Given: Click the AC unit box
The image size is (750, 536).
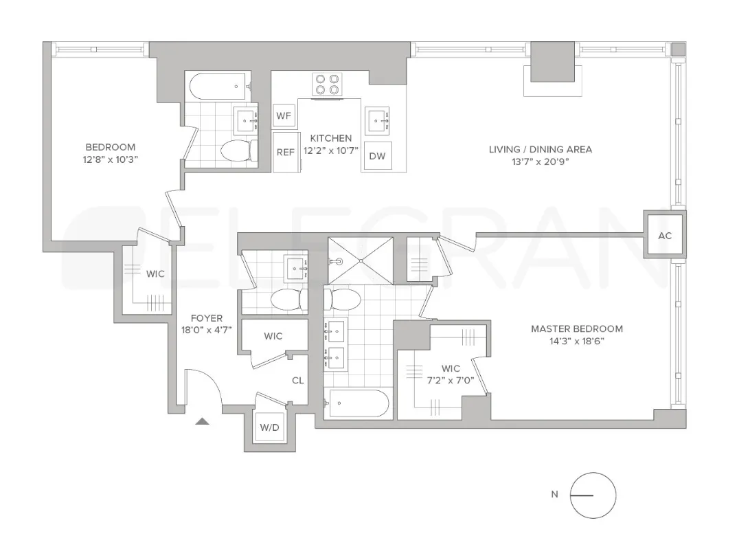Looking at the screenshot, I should point(664,235).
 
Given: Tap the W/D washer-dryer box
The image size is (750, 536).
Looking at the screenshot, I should point(269,427).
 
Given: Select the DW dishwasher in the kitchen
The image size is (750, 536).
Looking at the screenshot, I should point(377,156).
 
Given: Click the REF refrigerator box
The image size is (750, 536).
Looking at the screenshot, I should point(285,152).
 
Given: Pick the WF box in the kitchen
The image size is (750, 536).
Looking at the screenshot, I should point(284,116).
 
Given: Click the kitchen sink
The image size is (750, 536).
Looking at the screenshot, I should point(377,121).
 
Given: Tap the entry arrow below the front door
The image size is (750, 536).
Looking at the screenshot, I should point(202,421).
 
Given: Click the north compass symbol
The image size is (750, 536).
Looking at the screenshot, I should point(593,495).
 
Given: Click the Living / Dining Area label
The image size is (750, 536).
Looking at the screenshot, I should point(540,149).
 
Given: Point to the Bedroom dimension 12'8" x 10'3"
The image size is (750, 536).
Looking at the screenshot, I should point(110,159).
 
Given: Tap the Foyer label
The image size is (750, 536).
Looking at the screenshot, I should point(207,318).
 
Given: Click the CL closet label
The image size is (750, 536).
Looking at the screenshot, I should point(297,380).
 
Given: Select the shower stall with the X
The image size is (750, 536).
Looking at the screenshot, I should point(361,260).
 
